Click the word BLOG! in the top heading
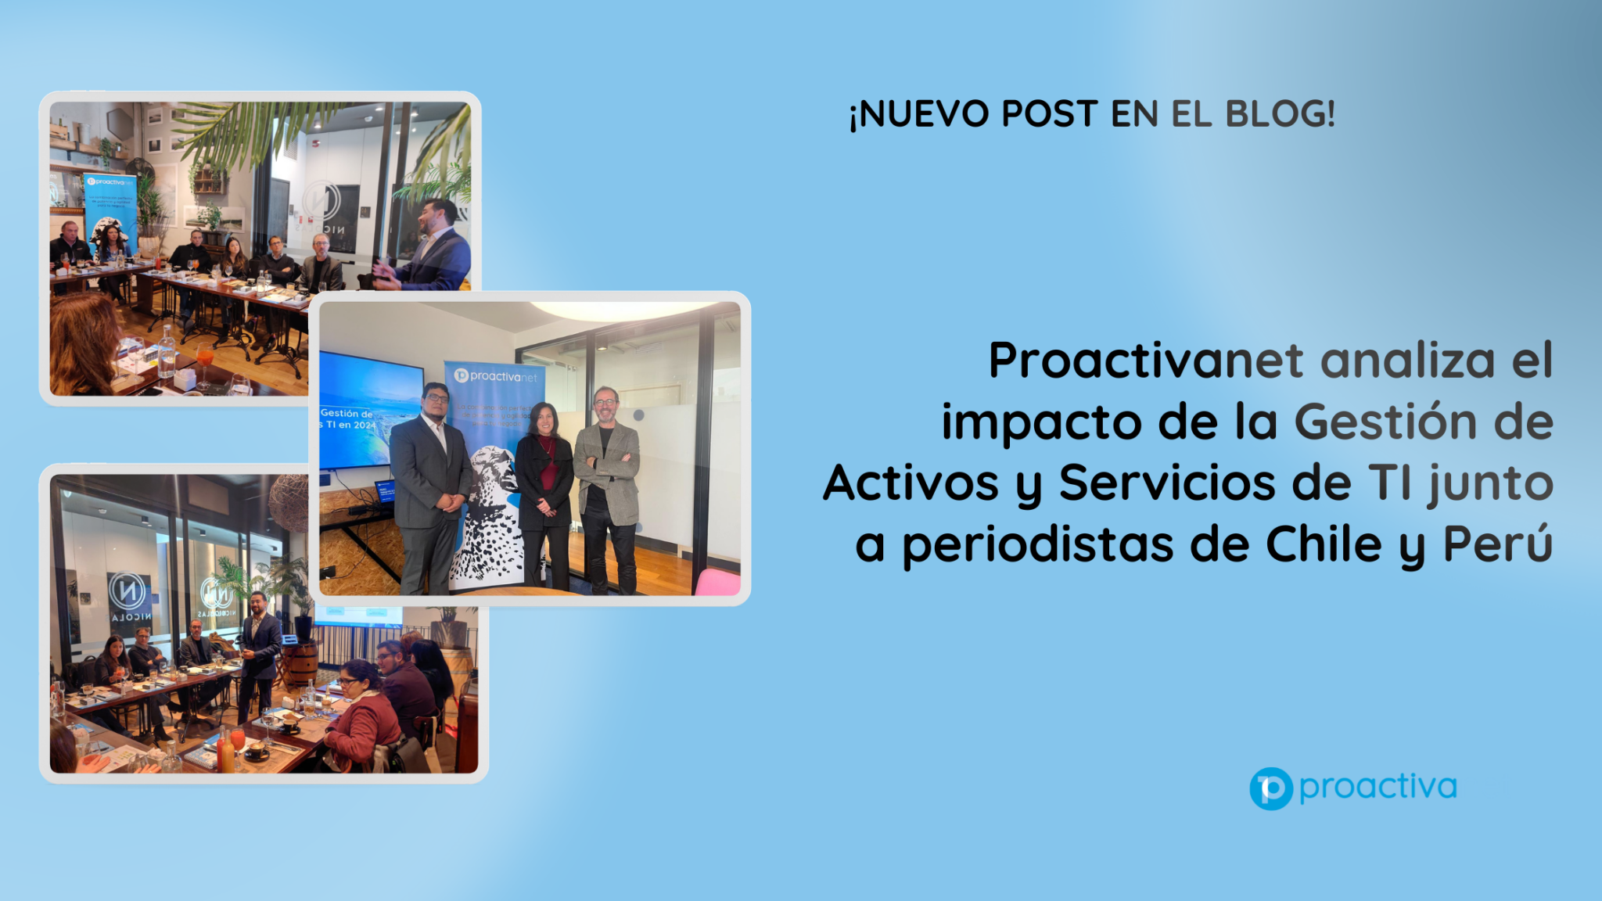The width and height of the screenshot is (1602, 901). tap(1280, 113)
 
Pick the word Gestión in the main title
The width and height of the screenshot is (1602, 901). tap(1385, 422)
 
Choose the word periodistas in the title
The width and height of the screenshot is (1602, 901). tap(1038, 544)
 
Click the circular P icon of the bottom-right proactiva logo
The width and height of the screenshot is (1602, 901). tap(1270, 788)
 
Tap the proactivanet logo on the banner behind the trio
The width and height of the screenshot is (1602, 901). tap(496, 376)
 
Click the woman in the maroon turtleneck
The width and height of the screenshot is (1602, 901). tap(544, 493)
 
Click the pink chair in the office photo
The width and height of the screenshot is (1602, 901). tap(718, 582)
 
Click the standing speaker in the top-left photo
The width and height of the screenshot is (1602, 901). tap(429, 246)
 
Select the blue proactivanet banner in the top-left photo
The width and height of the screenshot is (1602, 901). tap(110, 207)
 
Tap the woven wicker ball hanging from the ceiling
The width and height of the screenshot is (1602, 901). tap(290, 501)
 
